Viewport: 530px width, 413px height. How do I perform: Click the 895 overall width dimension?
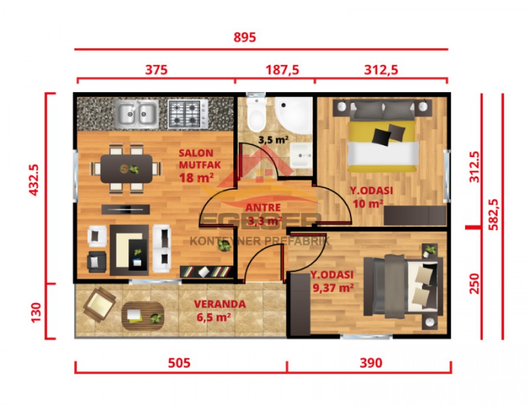(244, 38)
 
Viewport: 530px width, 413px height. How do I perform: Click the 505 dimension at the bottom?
(179, 363)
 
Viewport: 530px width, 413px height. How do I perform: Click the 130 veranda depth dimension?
(34, 310)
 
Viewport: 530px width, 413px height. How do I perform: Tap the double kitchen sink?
(136, 113)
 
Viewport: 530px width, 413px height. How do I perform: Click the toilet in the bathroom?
(257, 115)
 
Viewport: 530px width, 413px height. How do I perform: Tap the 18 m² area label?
(196, 176)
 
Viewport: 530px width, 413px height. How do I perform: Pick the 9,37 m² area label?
(332, 287)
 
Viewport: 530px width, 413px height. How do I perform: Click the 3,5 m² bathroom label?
(273, 140)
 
